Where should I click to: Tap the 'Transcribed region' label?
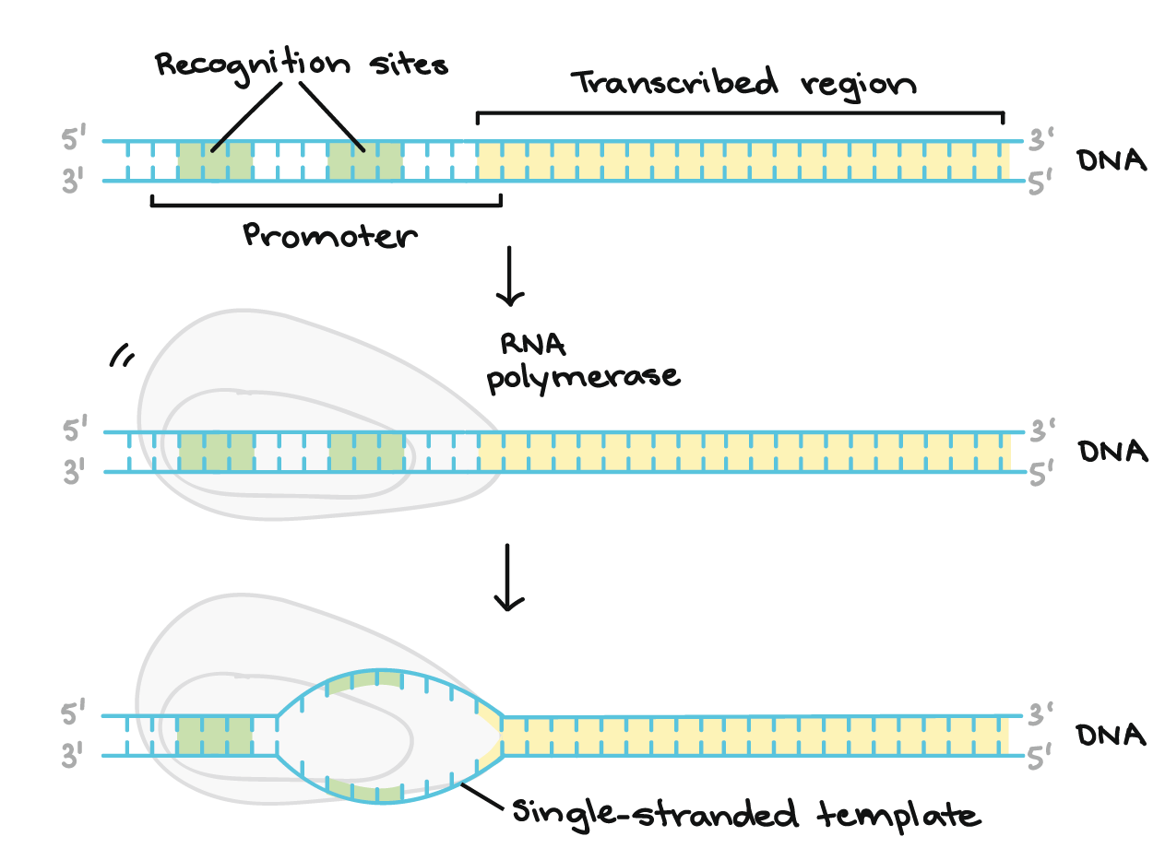[x=743, y=84]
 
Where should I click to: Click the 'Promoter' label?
[x=330, y=237]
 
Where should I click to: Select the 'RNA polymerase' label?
[x=583, y=363]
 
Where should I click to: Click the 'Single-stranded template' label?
[x=743, y=815]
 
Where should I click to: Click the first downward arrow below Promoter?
[x=509, y=277]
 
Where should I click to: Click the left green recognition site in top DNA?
[x=215, y=161]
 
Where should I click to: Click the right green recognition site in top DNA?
[x=365, y=161]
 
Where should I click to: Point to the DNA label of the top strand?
[x=1112, y=161]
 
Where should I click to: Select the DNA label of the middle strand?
[x=1112, y=452]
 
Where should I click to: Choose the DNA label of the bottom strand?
[x=1112, y=736]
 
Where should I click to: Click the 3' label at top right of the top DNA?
[x=1041, y=141]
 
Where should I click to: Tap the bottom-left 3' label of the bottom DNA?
[x=75, y=758]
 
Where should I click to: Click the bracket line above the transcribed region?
[x=738, y=113]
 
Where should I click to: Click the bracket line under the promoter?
[x=323, y=205]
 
